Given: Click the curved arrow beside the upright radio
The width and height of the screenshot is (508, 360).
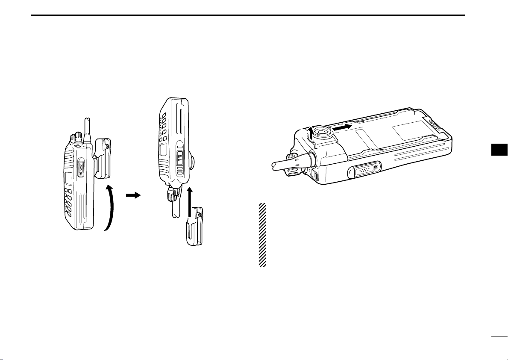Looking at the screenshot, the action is pyautogui.click(x=110, y=207).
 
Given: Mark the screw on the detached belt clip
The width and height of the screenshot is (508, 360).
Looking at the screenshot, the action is pyautogui.click(x=197, y=214).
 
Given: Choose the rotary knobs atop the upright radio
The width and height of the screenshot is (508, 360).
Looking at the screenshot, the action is pyautogui.click(x=76, y=138).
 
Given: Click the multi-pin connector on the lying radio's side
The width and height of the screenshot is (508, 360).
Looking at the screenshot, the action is pyautogui.click(x=364, y=171).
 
